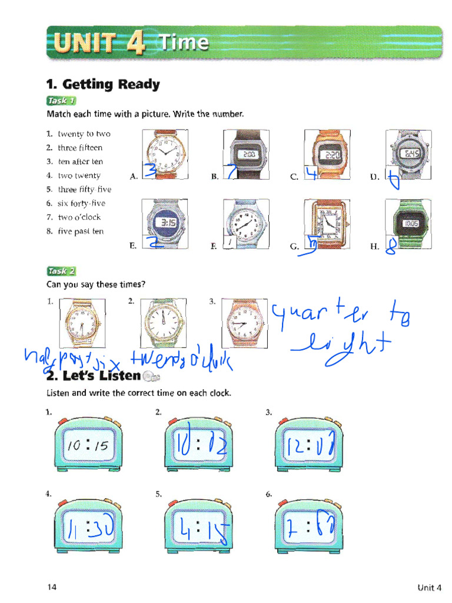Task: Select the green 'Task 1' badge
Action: [x=61, y=100]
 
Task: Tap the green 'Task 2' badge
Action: [x=61, y=271]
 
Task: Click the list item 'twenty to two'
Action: [x=84, y=134]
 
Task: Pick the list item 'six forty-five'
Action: [x=81, y=203]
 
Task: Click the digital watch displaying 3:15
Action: [x=165, y=224]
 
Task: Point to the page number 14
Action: [x=52, y=587]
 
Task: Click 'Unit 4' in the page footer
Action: [x=429, y=587]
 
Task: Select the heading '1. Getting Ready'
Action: [x=103, y=84]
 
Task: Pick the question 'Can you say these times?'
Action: [x=95, y=284]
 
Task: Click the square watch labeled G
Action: [x=327, y=223]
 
